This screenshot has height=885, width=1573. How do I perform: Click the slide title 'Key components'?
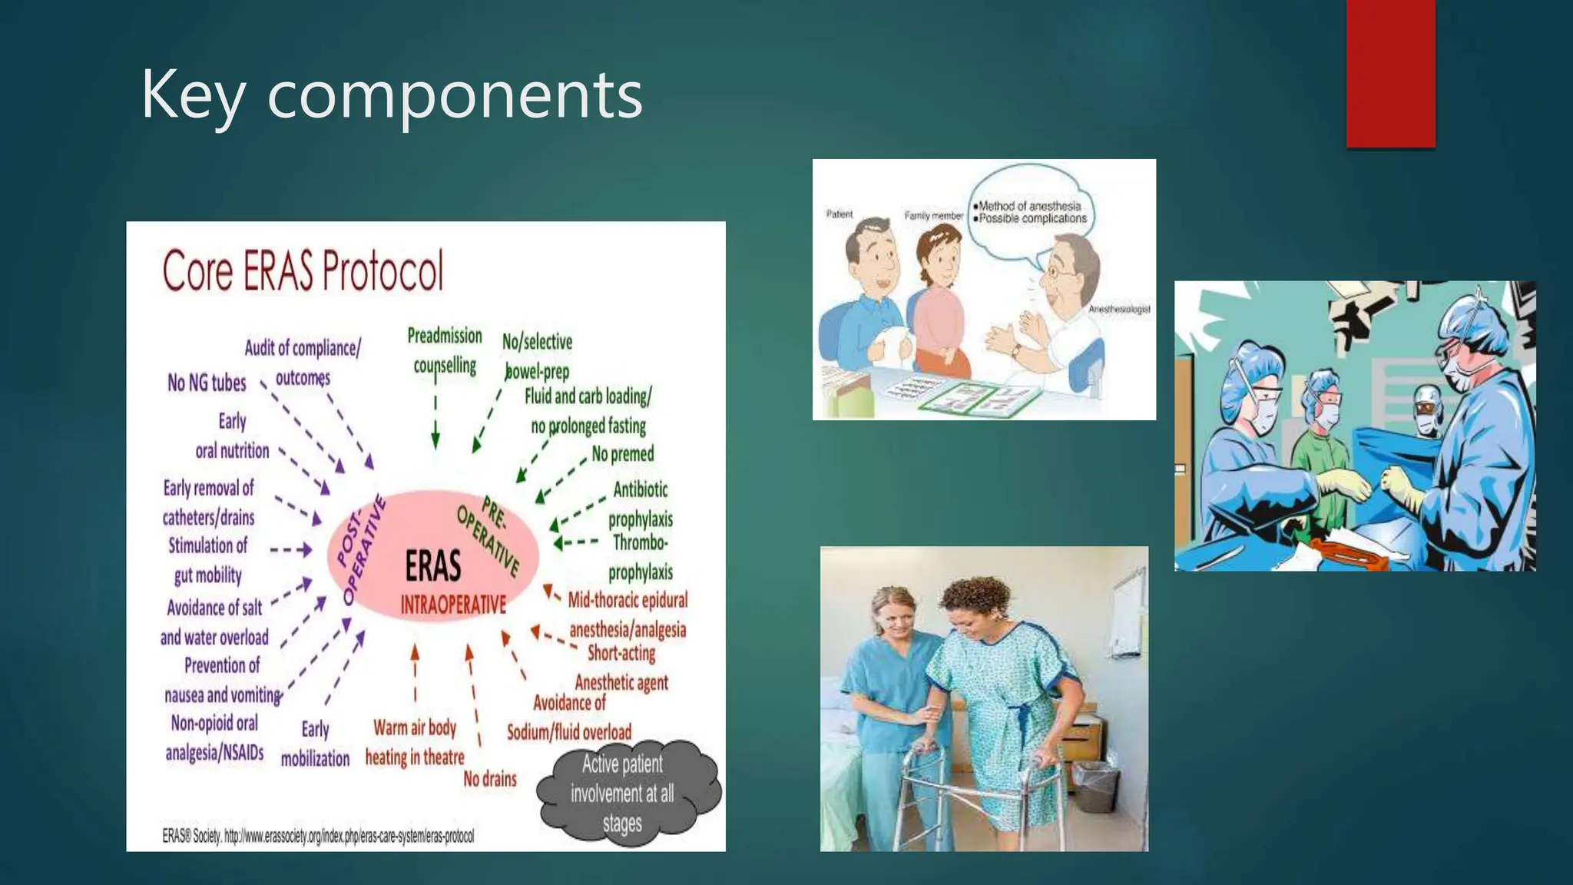(x=391, y=95)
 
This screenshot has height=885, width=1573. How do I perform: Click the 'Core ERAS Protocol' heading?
(x=303, y=270)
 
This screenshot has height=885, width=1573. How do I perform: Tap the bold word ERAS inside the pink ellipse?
(x=433, y=567)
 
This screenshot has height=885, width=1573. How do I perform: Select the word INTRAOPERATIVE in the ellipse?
(x=453, y=605)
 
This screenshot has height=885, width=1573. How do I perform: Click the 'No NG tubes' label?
(x=207, y=383)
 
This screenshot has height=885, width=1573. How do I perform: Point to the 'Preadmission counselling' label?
(x=445, y=350)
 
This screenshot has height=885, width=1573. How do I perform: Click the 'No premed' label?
(x=623, y=454)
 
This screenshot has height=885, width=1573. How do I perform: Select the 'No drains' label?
(x=490, y=779)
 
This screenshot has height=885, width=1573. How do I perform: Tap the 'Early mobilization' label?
(x=315, y=744)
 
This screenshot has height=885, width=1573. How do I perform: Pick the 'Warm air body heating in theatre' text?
(x=415, y=742)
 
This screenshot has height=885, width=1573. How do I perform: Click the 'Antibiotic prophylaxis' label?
(x=641, y=504)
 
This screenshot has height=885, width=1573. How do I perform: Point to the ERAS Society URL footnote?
(x=318, y=836)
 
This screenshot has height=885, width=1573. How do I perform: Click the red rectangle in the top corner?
(x=1390, y=73)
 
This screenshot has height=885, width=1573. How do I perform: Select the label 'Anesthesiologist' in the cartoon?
(x=1119, y=309)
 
